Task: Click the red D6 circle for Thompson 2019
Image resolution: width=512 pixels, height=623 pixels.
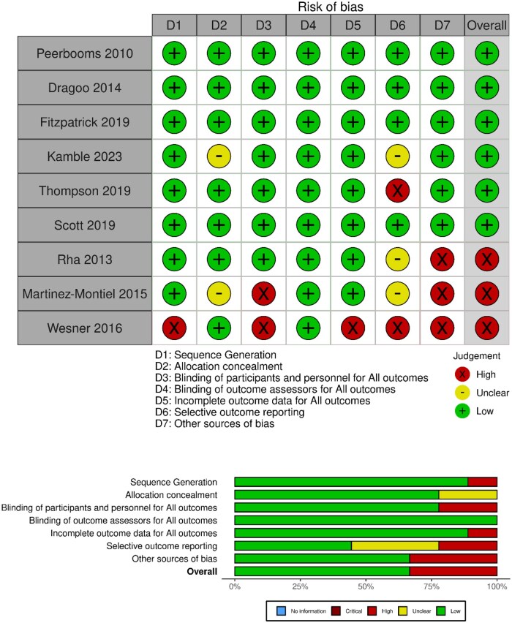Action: pos(398,190)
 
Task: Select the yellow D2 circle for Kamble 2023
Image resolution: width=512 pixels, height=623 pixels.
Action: pos(219,156)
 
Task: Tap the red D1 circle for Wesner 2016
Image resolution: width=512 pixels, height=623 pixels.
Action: pos(173,328)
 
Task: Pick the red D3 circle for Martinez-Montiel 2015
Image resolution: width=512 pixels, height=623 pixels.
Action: pos(263,293)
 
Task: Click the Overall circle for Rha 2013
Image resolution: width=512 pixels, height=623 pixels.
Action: pos(487,259)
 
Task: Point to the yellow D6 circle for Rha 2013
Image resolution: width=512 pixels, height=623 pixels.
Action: pos(398,259)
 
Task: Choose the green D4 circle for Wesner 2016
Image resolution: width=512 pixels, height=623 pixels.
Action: pos(308,328)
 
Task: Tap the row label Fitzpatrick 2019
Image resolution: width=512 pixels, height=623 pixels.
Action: pos(84,121)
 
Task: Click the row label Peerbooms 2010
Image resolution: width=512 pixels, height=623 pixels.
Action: pos(84,53)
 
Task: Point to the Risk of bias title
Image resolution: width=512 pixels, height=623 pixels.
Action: pos(331,7)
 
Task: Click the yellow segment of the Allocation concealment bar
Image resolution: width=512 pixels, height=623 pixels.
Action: pos(467,495)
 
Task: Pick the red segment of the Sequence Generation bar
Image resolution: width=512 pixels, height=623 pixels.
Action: pos(482,482)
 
